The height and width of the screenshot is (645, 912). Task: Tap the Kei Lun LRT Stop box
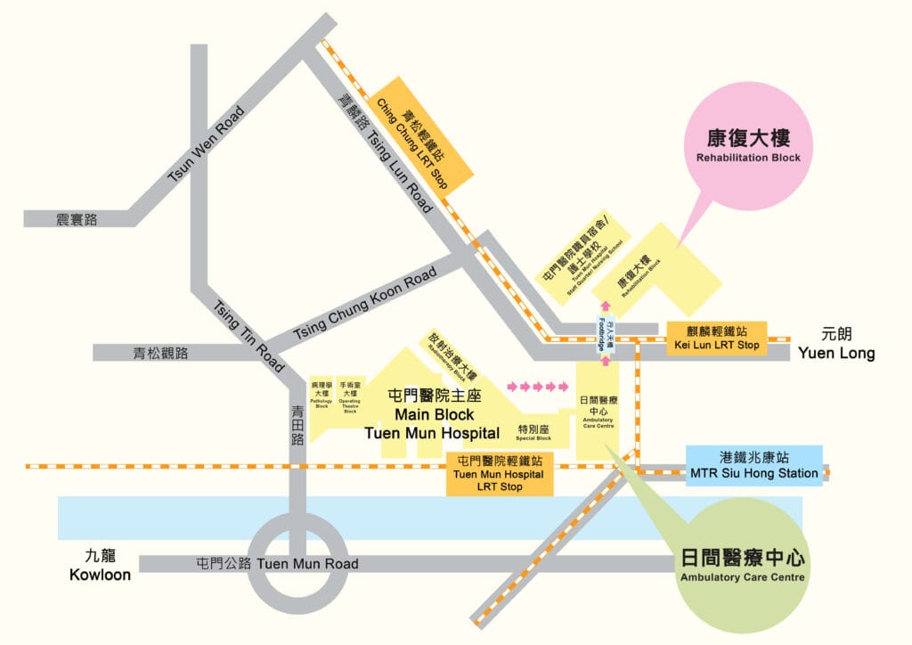(717, 339)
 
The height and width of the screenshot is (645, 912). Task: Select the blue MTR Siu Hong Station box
(754, 466)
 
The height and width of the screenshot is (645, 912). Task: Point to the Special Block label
(533, 433)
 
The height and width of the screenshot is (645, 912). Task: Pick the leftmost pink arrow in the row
(512, 387)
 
